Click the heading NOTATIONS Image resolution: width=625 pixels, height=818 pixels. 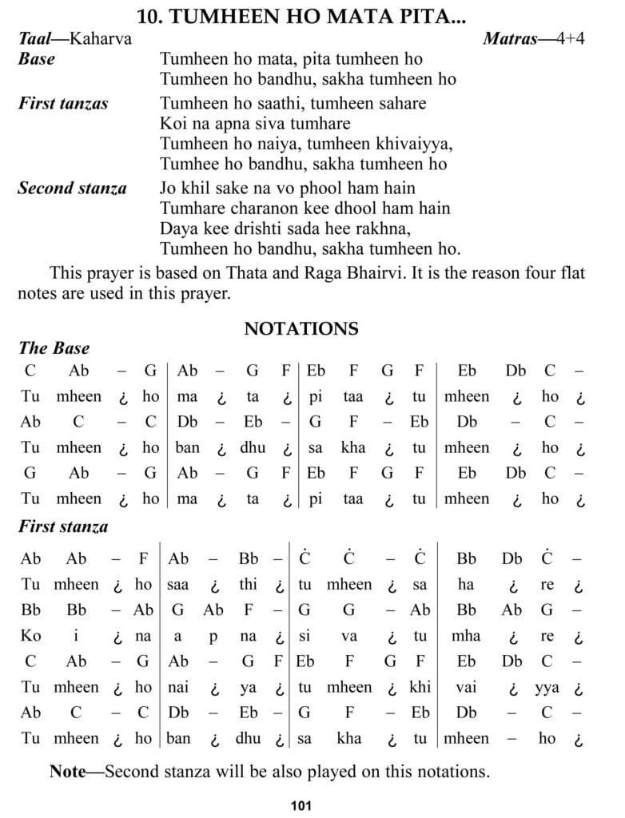click(x=301, y=328)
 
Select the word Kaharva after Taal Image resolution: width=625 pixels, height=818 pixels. click(x=101, y=38)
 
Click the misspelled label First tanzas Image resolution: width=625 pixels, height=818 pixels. click(x=63, y=103)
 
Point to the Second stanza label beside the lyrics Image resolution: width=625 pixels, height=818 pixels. click(x=72, y=189)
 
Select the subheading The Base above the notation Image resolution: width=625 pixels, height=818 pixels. click(x=54, y=348)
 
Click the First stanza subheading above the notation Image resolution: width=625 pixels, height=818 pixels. click(x=63, y=527)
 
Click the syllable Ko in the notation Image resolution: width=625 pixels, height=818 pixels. click(x=30, y=636)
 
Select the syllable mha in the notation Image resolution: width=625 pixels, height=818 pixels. click(x=467, y=636)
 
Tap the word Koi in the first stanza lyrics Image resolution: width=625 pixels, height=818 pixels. click(x=173, y=124)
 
